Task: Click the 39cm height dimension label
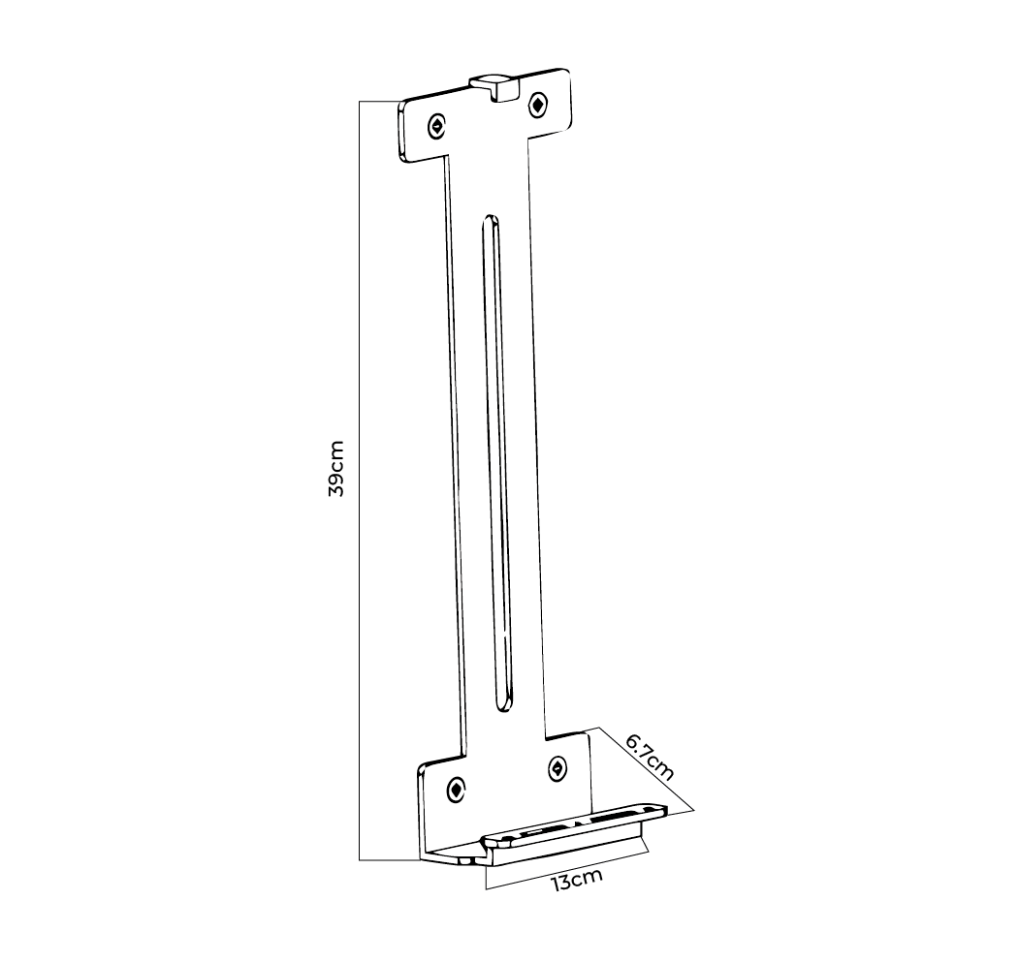click(335, 468)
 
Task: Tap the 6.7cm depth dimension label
click(649, 756)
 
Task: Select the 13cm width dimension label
click(577, 881)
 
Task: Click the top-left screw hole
click(438, 125)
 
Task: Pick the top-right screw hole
click(537, 105)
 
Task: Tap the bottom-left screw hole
click(455, 790)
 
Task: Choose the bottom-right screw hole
click(557, 768)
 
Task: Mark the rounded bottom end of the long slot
click(506, 705)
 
